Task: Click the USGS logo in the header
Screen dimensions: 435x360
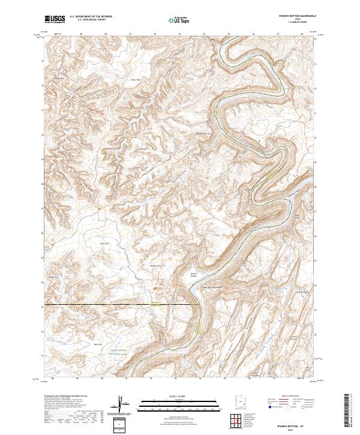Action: (x=55, y=19)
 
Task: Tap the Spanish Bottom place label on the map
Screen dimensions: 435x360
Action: (x=194, y=274)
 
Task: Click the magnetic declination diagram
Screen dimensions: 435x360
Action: (x=122, y=404)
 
